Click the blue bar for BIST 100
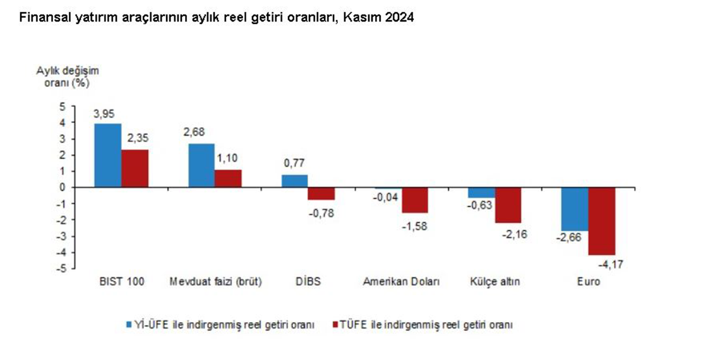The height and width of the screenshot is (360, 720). [x=108, y=155]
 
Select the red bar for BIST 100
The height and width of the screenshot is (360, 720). [x=135, y=168]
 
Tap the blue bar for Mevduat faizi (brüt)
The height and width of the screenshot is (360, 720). [x=201, y=165]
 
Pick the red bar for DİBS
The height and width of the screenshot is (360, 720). [x=321, y=193]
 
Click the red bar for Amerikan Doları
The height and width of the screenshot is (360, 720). [x=414, y=200]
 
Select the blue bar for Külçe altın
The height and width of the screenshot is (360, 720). [x=481, y=193]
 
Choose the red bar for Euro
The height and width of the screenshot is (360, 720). [x=601, y=221]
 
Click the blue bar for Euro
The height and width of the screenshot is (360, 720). [x=575, y=209]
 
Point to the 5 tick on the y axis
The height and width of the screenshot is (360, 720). [x=63, y=106]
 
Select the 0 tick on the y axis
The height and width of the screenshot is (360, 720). [x=63, y=188]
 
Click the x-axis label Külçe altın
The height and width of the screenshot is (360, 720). [x=495, y=282]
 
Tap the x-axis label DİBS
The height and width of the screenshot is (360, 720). [x=308, y=282]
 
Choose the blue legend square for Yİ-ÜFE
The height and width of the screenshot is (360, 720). [x=128, y=325]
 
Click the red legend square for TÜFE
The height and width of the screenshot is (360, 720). [x=335, y=325]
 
